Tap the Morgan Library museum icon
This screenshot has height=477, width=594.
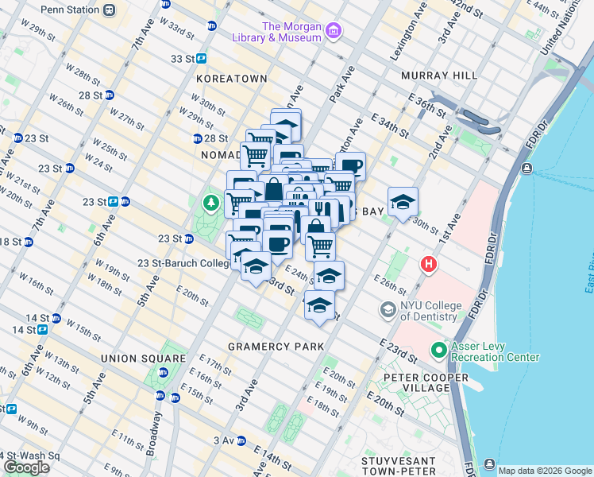[x=334, y=32]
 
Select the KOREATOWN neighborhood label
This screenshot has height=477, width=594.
[x=232, y=79]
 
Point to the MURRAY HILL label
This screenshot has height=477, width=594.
[x=439, y=75]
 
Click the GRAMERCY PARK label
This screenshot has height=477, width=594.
[x=276, y=347]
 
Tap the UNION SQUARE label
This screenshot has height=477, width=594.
[x=132, y=359]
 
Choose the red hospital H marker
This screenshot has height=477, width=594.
[x=430, y=263]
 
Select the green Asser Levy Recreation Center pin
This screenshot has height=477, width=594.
[x=438, y=350]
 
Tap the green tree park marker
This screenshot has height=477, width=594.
[x=211, y=204]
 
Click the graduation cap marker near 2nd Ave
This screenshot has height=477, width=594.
[x=403, y=202]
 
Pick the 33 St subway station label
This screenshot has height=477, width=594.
[x=182, y=58]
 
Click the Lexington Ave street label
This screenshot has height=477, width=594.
[x=403, y=39]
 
